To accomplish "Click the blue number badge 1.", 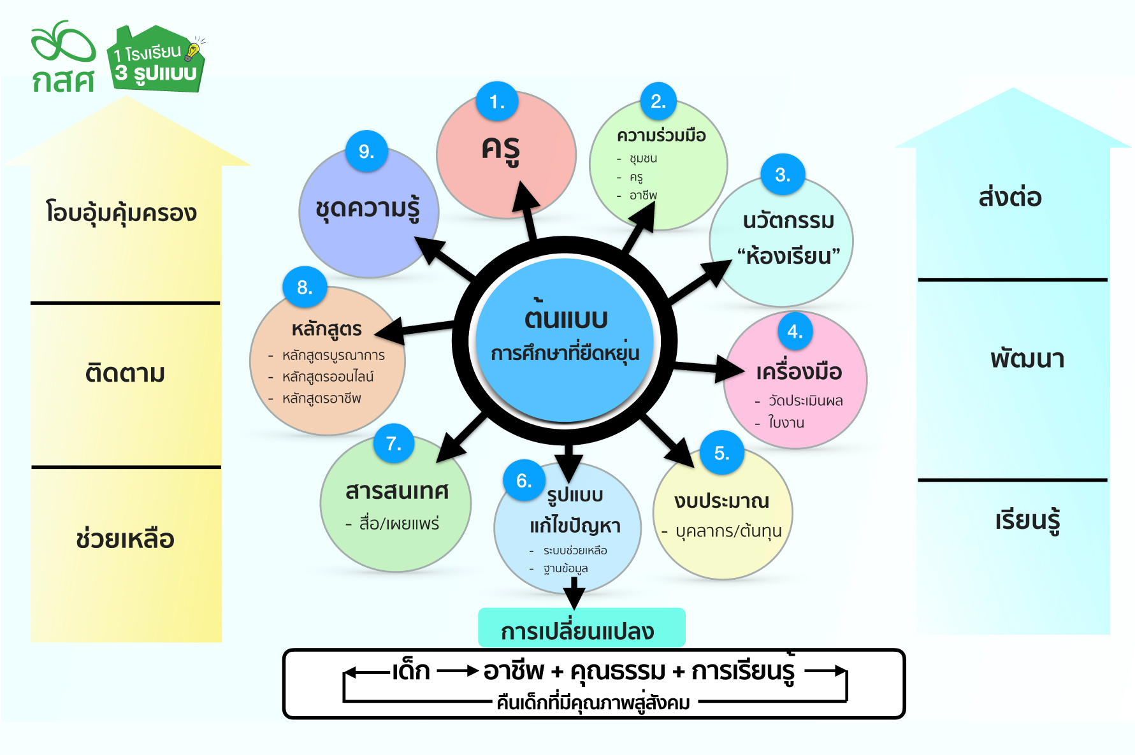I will pos(497,101).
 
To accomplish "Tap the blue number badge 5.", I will pos(721,453).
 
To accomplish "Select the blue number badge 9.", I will pos(366,151).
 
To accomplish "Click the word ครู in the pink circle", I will pos(501,150).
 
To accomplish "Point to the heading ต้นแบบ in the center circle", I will pos(566,317).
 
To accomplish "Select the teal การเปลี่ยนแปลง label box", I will pos(581,629).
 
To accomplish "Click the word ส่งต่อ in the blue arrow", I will pos(1010,197).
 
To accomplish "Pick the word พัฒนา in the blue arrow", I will pos(1027,359).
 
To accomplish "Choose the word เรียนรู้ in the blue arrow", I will pos(1027,521).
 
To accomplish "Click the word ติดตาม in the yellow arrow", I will pos(125,373).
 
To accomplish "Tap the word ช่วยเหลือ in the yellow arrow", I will pos(125,538).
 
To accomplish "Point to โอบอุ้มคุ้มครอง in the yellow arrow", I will pos(121,213).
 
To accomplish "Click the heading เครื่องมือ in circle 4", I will pos(799,371).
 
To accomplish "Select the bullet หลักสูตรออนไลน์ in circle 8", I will pos(328,377).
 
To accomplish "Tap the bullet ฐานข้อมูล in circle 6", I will pos(565,568).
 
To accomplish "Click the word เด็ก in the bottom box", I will pos(412,671).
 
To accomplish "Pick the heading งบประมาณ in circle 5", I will pos(721,501).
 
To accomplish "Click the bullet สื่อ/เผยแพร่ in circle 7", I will pos(399,524).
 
